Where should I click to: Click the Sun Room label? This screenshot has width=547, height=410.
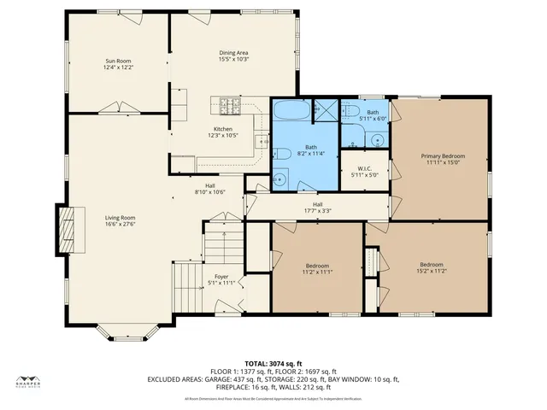[119, 61]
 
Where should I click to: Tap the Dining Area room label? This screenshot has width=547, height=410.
[233, 53]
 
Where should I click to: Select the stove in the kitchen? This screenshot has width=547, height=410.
[229, 107]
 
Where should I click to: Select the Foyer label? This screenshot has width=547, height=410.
[221, 278]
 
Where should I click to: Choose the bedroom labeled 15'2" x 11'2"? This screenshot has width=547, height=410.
[431, 269]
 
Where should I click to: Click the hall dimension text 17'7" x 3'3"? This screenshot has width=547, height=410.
[317, 209]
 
